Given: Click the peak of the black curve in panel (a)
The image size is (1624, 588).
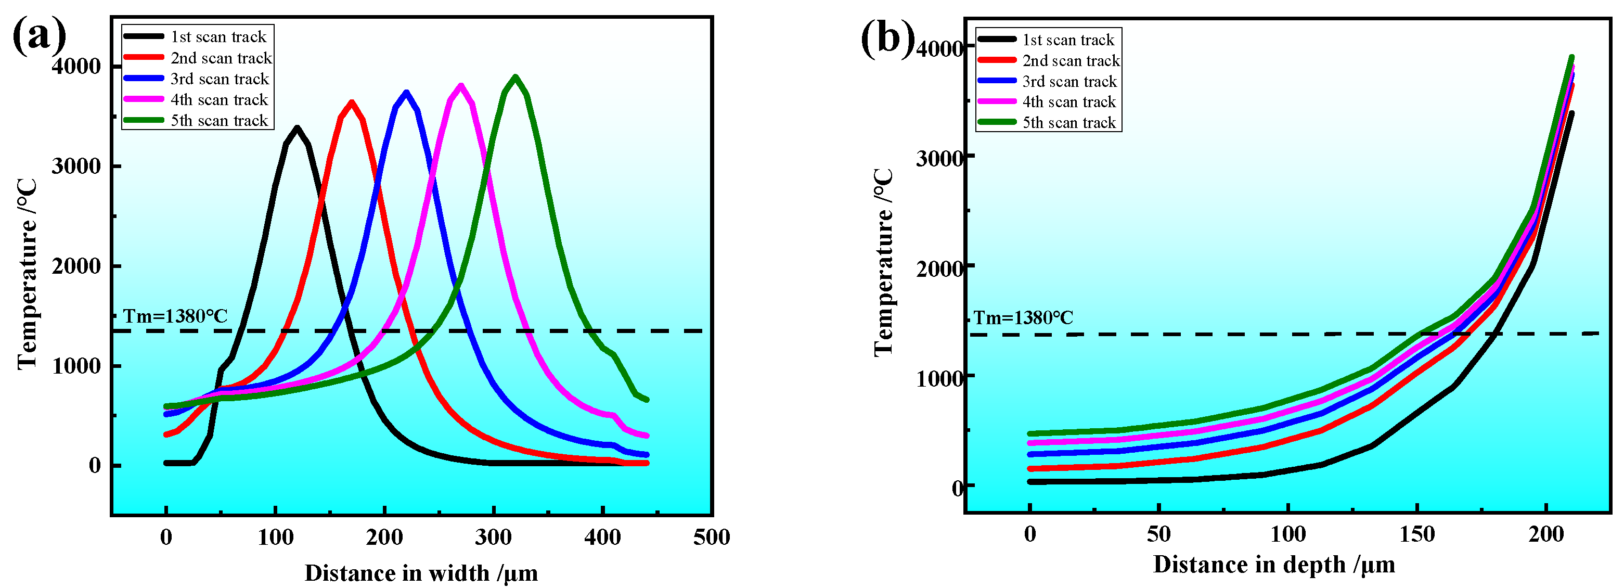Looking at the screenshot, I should (297, 128).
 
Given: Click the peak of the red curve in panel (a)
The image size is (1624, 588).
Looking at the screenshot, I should (352, 102).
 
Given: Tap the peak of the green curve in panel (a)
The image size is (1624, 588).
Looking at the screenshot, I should (515, 77).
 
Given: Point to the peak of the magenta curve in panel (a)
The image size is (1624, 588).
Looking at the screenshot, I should (461, 85).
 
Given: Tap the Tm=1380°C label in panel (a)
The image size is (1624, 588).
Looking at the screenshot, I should (175, 316).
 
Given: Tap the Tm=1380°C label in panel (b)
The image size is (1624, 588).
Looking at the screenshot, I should (1023, 317).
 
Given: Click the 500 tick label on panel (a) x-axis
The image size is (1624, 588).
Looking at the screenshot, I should (712, 538).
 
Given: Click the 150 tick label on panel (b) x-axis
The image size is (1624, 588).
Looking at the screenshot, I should (1416, 535).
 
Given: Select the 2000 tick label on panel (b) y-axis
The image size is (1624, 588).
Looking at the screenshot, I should (940, 267).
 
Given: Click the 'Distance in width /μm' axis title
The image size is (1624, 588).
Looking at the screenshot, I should (421, 573).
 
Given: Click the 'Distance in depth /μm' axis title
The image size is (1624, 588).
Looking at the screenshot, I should (1274, 564).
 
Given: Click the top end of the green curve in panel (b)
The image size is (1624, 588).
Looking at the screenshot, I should (1571, 57).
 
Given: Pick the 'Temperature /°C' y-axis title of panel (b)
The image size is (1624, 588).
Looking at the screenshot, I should (884, 262).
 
